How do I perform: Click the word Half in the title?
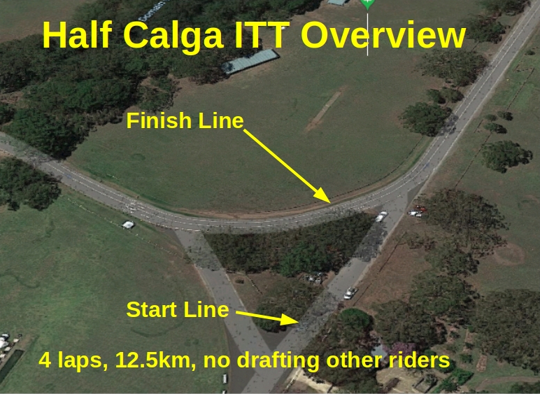point(77,35)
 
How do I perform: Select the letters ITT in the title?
point(262,35)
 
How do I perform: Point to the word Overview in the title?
point(383,35)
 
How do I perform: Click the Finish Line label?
point(185,121)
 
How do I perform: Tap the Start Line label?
point(178,309)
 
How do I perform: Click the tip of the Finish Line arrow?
point(331,203)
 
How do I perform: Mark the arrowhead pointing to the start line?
point(290,319)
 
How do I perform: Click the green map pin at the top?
point(367,3)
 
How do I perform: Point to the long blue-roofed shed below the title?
point(250,62)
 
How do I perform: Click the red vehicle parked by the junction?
point(421,208)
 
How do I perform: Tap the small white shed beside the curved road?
point(129,225)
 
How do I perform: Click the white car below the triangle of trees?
point(350,293)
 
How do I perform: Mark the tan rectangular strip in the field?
point(324,109)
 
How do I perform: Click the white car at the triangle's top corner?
point(382,217)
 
